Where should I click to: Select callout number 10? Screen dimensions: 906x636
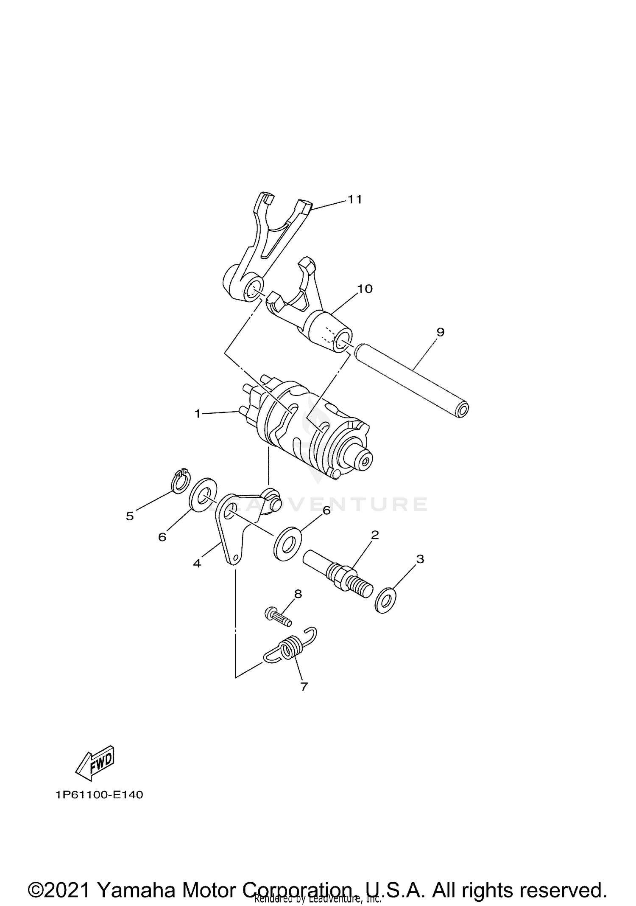[365, 289]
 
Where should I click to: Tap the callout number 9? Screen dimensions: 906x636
[440, 332]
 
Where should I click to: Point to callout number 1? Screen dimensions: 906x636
[197, 413]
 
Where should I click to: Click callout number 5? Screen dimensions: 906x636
[130, 516]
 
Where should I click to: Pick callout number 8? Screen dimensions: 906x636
[298, 594]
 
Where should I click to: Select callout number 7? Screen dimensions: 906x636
[304, 687]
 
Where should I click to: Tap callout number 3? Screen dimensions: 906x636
[420, 559]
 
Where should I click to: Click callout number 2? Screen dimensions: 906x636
[374, 535]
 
